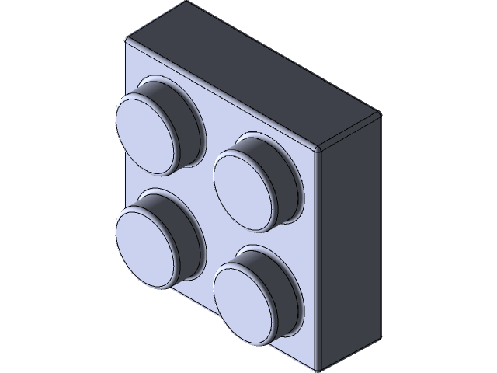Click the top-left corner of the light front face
[126, 39]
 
